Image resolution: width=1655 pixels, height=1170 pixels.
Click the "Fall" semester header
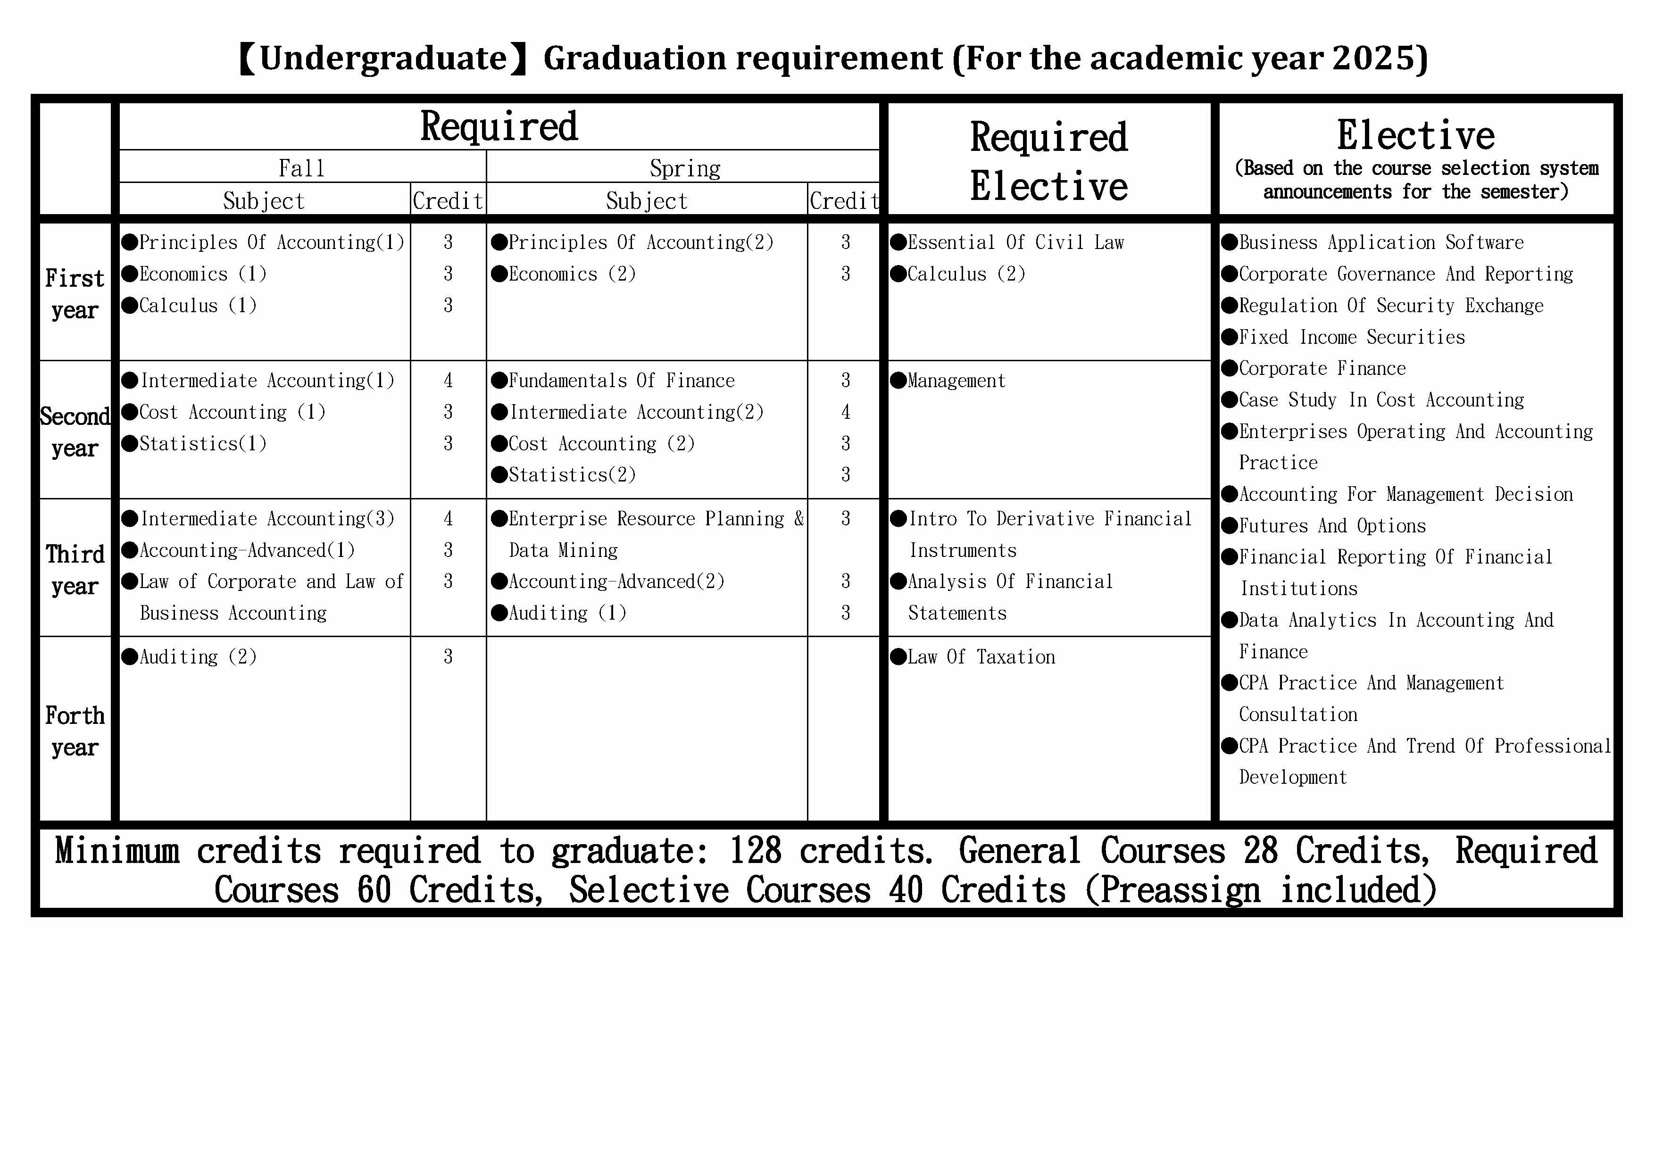click(x=301, y=168)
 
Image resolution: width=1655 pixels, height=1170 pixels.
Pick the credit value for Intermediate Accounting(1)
click(x=448, y=381)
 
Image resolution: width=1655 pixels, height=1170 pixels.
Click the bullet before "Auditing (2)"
click(x=130, y=657)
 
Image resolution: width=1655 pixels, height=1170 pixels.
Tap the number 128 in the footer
click(x=755, y=851)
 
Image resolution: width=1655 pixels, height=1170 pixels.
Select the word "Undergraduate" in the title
click(x=383, y=58)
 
